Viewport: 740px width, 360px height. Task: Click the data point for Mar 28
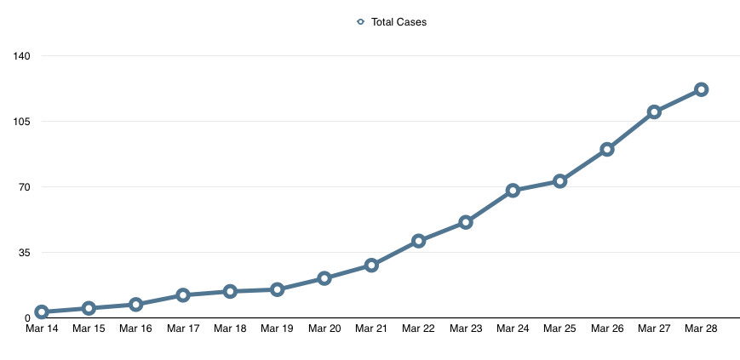(701, 89)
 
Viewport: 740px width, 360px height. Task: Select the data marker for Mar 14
(41, 312)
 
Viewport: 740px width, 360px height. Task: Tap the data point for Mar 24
(513, 191)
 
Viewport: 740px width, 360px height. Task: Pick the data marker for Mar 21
(371, 266)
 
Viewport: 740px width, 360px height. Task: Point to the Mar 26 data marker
(607, 149)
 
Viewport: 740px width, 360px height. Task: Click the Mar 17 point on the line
(182, 295)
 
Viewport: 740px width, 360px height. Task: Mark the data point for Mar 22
(418, 241)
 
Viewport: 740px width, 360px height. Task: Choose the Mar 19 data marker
(277, 289)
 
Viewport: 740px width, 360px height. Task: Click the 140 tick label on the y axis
(21, 56)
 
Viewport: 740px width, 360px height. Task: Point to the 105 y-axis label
(21, 122)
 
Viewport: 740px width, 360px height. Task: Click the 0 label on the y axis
(27, 318)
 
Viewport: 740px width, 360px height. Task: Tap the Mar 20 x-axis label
(324, 329)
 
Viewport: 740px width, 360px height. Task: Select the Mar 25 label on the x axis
(560, 329)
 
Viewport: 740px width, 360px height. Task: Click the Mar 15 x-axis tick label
(89, 329)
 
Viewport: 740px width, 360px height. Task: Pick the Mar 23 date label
(466, 329)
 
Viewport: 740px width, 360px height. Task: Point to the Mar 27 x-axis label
(654, 329)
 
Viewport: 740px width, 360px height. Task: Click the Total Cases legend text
(399, 22)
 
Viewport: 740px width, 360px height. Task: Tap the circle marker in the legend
(360, 22)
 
